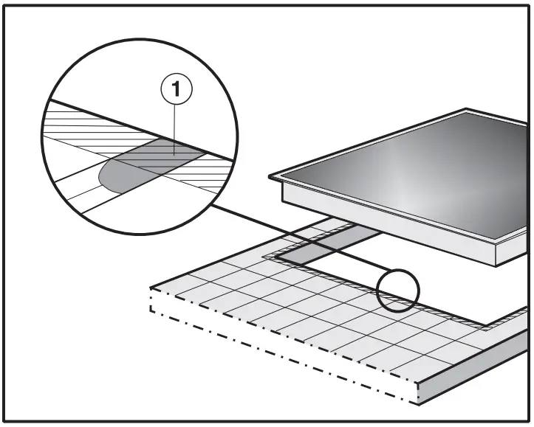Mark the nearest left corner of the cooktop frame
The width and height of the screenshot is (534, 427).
[x=271, y=177]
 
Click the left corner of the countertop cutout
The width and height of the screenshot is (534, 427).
[x=267, y=256]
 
